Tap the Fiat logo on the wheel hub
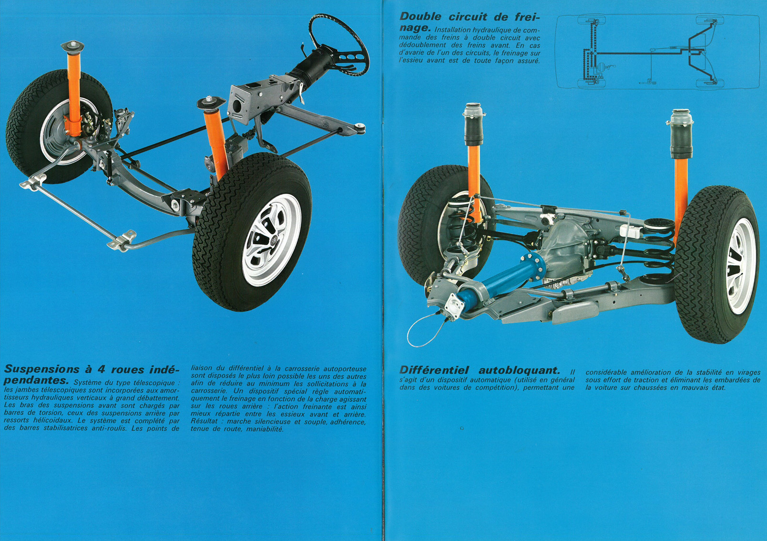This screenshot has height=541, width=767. point(274,241)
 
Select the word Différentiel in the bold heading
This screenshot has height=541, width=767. point(434,370)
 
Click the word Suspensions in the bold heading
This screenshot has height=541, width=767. point(42,369)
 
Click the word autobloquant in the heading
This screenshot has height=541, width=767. point(519,370)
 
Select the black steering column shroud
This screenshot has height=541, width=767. point(312,67)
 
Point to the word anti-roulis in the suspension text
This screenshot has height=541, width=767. point(109,428)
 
